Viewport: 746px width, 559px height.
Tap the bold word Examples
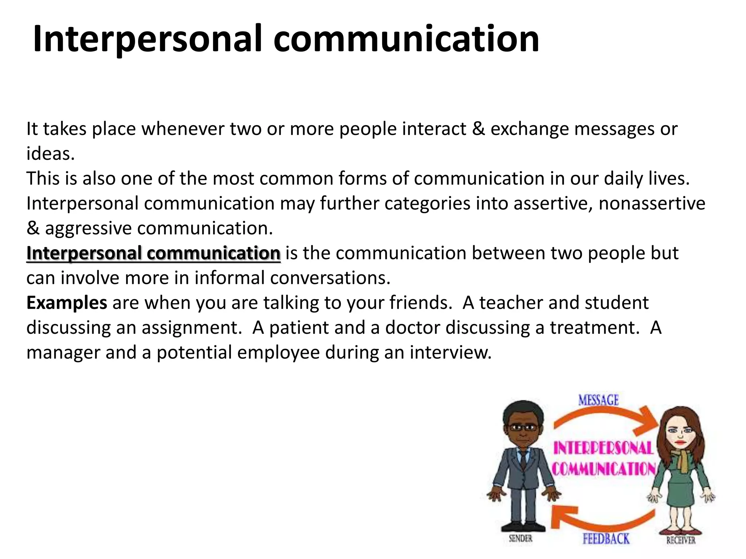click(x=67, y=303)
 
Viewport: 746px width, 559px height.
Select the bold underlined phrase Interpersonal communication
click(x=153, y=253)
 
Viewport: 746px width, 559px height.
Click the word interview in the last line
click(x=450, y=352)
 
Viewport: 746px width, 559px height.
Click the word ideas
click(x=50, y=154)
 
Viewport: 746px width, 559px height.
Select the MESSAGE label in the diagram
click(x=598, y=400)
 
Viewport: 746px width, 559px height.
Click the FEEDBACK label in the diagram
click(x=606, y=539)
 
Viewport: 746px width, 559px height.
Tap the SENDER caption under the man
click(x=521, y=538)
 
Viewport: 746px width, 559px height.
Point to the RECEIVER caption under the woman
click(x=680, y=540)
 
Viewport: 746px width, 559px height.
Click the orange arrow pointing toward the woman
click(x=605, y=419)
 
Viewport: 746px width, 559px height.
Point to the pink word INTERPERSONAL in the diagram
click(x=603, y=448)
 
